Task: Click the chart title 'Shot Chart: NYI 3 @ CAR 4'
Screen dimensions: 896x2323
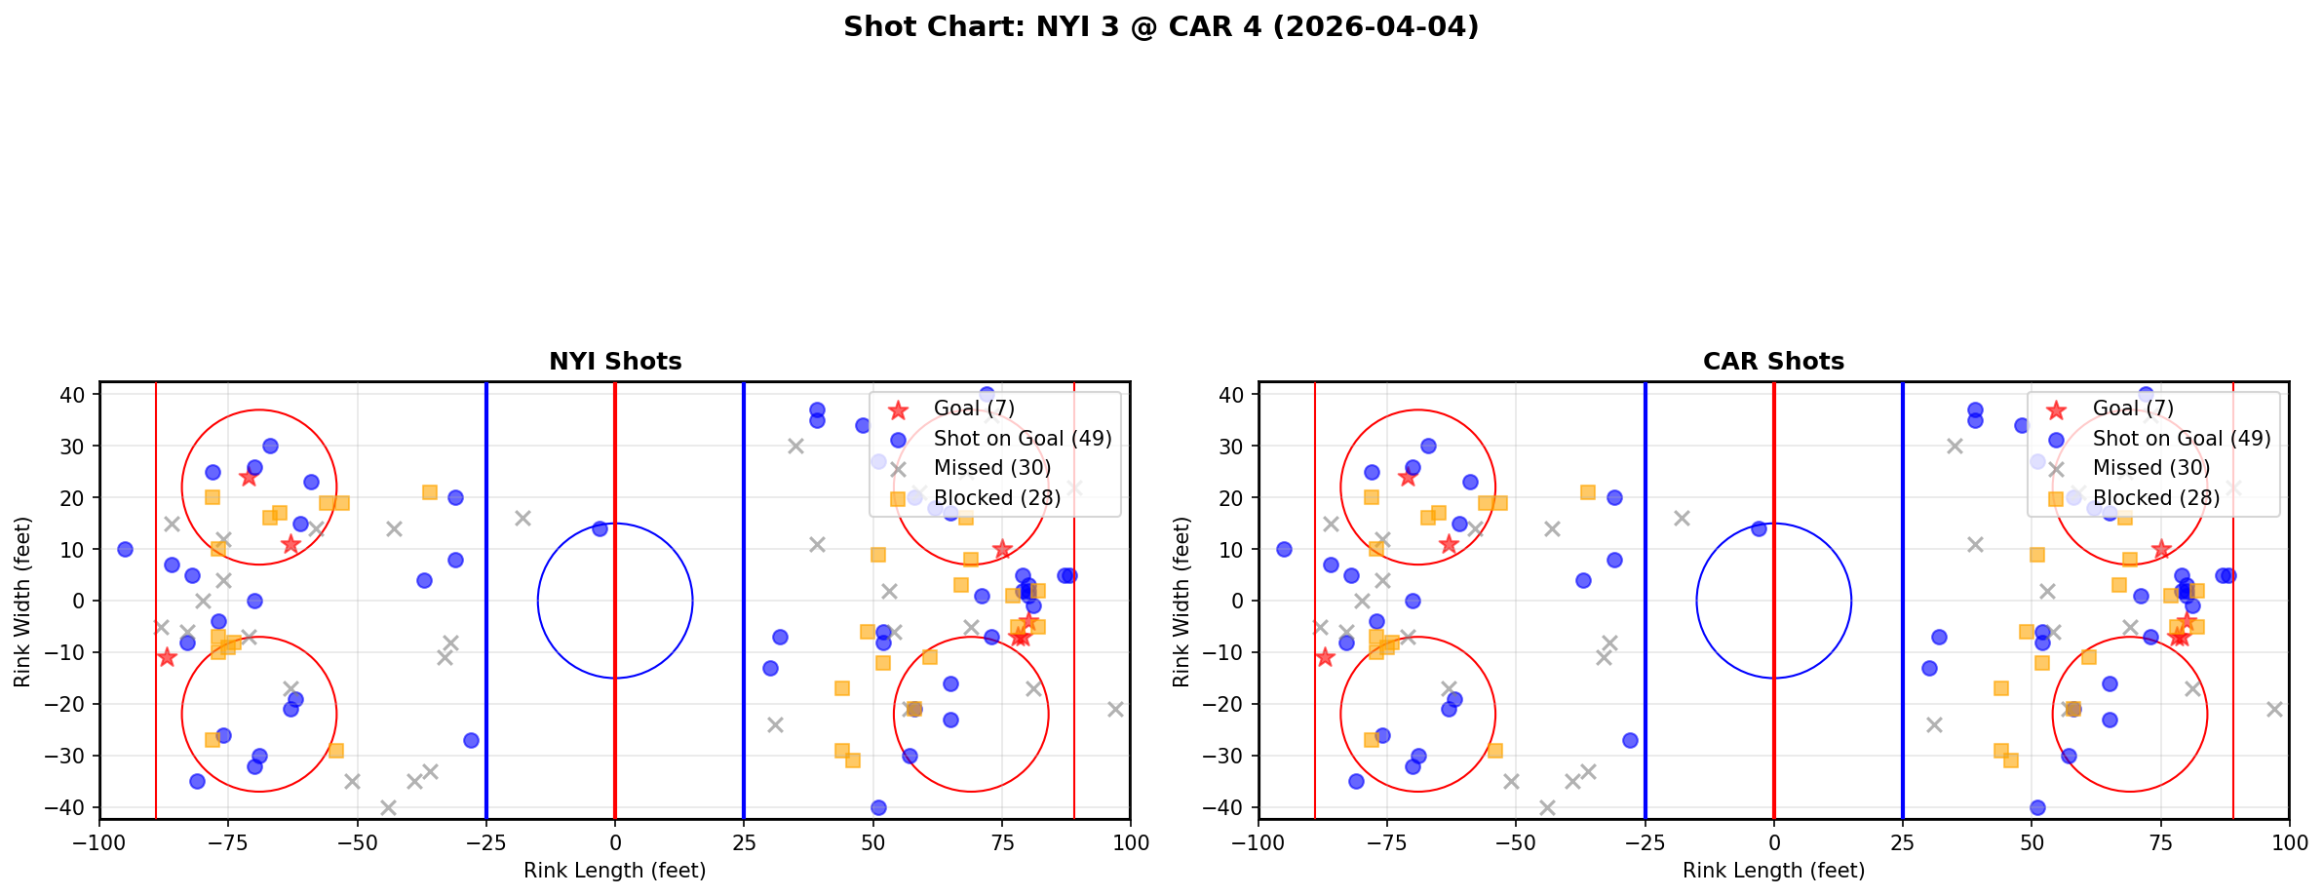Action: pos(1160,27)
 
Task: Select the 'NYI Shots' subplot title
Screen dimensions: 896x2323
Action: pos(615,362)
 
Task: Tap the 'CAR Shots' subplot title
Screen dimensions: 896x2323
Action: pos(1773,362)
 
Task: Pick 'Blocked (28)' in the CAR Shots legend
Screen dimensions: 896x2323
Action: pos(2155,498)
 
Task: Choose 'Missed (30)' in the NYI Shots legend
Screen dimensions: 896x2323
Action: pos(991,468)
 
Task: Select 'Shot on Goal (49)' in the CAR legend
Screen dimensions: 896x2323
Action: pos(2181,439)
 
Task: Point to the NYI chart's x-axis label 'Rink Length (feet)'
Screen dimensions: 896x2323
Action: pos(614,871)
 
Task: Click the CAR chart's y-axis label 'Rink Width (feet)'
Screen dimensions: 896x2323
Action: pos(1181,602)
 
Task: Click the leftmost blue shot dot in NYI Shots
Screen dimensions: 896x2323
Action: pos(125,549)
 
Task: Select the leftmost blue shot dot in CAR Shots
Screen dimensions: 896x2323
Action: pos(1284,549)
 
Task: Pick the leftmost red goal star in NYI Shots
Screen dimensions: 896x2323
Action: pos(167,657)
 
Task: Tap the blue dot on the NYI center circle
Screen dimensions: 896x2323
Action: pos(600,528)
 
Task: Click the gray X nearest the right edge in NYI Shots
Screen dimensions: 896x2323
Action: pos(1115,709)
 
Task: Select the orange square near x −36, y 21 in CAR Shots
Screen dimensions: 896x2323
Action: pos(1588,492)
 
